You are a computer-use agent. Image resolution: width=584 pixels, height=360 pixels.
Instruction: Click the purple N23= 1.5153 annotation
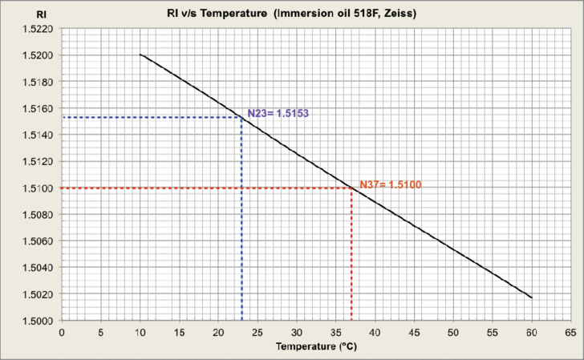pos(278,113)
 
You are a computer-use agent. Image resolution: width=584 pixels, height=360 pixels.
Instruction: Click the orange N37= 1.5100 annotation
pos(390,184)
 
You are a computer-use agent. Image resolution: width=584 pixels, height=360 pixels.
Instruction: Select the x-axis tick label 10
pos(140,331)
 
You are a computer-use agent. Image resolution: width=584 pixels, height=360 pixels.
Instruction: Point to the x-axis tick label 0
pos(62,331)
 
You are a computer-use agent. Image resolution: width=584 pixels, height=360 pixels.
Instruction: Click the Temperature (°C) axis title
pos(316,347)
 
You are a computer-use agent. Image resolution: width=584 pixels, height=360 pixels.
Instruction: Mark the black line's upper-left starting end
pos(140,55)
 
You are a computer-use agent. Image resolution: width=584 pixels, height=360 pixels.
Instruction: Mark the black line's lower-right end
pos(531,297)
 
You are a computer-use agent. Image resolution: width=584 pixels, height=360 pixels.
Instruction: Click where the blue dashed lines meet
pos(241,118)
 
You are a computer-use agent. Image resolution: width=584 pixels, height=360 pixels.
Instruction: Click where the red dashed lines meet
pos(351,188)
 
